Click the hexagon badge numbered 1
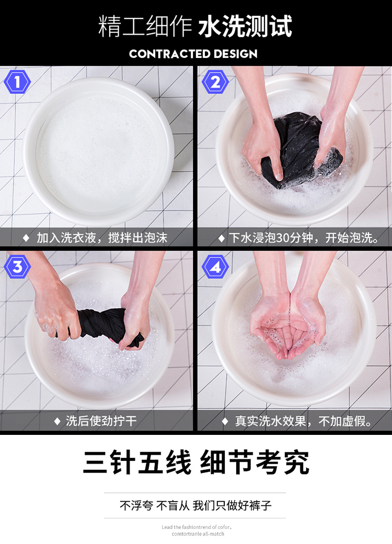17,82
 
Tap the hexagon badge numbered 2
215,82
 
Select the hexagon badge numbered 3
17,266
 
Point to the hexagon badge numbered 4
215,266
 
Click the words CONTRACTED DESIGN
193,54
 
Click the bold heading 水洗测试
245,26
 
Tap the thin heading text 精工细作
145,26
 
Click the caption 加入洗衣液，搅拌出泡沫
102,238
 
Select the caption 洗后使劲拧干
101,421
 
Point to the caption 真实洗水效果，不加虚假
303,421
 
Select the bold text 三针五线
137,462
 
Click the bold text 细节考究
255,462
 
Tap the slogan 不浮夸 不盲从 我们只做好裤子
195,505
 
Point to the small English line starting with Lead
197,527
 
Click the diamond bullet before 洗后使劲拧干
57,421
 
